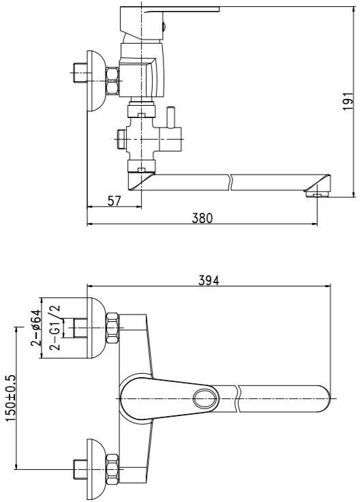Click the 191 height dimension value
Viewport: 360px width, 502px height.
[x=348, y=102]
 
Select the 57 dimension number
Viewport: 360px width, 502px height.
[x=115, y=201]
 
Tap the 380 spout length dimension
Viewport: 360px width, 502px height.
[x=202, y=218]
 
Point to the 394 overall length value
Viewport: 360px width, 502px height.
[x=209, y=280]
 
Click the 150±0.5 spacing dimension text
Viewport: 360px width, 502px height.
[x=10, y=398]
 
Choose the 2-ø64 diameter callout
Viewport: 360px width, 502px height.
[x=36, y=328]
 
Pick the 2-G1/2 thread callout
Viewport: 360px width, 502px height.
[x=55, y=327]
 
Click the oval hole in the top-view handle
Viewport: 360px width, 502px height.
[x=205, y=398]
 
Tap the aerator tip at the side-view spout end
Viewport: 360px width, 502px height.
[x=317, y=194]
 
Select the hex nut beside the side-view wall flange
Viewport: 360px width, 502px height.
[x=112, y=81]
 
